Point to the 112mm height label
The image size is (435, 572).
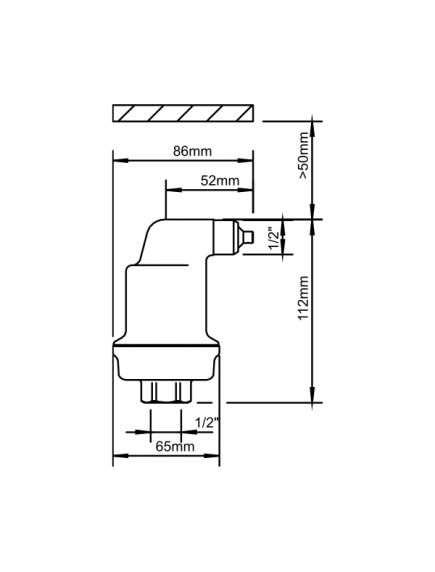304,301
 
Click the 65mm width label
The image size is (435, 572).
175,445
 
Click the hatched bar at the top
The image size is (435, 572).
185,111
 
